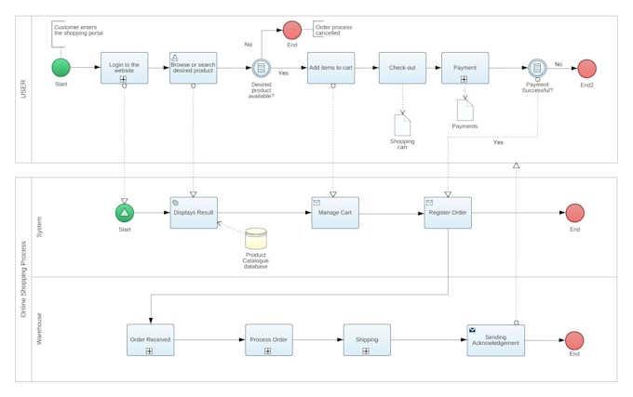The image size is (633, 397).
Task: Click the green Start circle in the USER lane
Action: pyautogui.click(x=61, y=68)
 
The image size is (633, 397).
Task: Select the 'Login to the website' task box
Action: pyautogui.click(x=124, y=68)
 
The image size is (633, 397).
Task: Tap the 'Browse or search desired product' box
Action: pyautogui.click(x=193, y=68)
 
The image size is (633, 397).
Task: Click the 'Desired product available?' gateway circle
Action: pyautogui.click(x=261, y=68)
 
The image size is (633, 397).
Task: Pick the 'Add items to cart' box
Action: pyautogui.click(x=330, y=68)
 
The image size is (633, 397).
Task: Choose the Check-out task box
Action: pyautogui.click(x=402, y=68)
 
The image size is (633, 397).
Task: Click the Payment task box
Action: pyautogui.click(x=465, y=68)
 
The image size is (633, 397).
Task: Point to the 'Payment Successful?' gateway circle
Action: pyautogui.click(x=537, y=68)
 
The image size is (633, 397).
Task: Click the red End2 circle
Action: pyautogui.click(x=586, y=68)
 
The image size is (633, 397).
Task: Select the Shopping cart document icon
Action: pyautogui.click(x=402, y=125)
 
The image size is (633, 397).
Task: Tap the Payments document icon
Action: pyautogui.click(x=465, y=110)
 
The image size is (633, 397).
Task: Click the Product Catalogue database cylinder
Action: pyautogui.click(x=256, y=239)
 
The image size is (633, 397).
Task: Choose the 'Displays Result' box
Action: pyautogui.click(x=193, y=213)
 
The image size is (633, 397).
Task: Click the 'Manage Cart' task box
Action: pyautogui.click(x=334, y=213)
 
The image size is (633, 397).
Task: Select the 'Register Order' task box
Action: pyautogui.click(x=448, y=213)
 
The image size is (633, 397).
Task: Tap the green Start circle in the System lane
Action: pyautogui.click(x=125, y=213)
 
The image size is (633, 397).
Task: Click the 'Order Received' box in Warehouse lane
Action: pyautogui.click(x=150, y=339)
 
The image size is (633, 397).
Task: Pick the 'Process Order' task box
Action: pyautogui.click(x=268, y=339)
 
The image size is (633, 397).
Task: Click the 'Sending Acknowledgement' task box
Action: pyautogui.click(x=495, y=339)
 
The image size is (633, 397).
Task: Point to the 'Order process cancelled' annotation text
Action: pyautogui.click(x=333, y=30)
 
